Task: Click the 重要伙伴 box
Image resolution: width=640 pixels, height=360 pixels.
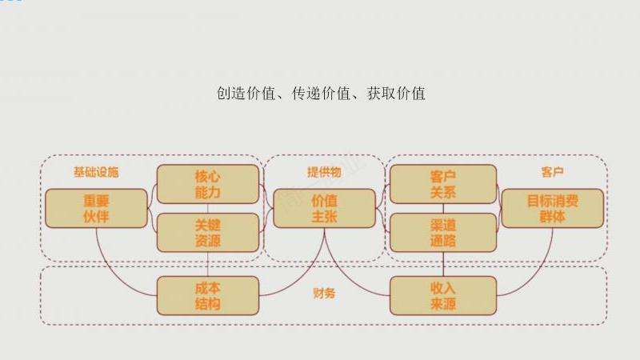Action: click(x=96, y=208)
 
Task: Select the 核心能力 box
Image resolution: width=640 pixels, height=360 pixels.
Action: click(x=208, y=184)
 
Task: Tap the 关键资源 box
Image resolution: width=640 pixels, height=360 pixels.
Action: click(x=208, y=232)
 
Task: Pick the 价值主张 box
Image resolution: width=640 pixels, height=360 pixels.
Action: click(x=324, y=208)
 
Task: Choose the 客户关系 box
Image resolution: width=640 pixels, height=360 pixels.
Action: click(x=442, y=184)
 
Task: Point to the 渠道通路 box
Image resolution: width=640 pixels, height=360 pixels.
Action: click(x=442, y=232)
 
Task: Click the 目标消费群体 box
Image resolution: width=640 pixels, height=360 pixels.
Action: click(x=552, y=208)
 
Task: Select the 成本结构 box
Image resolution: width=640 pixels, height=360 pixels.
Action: click(x=208, y=294)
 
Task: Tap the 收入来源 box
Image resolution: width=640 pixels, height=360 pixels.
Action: click(x=442, y=294)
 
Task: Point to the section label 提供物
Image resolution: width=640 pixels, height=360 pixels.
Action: click(x=324, y=172)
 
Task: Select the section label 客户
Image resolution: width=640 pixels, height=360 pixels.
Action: click(x=552, y=172)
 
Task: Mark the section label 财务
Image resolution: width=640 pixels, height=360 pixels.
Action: click(x=324, y=294)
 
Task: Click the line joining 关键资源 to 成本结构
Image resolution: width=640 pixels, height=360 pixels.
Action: click(x=208, y=265)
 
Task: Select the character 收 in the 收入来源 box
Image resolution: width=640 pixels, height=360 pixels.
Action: click(x=435, y=287)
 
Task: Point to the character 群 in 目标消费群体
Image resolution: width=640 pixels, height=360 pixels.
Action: click(x=544, y=216)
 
